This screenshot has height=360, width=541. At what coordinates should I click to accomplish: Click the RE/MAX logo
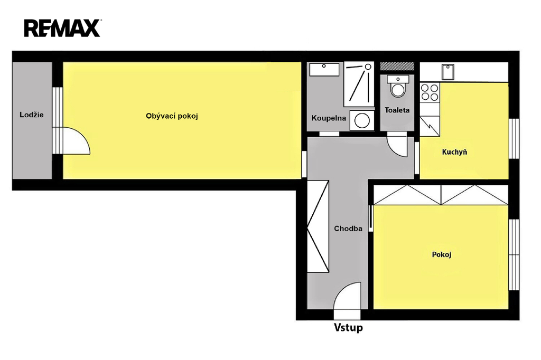point(62,28)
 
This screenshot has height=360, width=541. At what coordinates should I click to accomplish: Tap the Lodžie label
point(31,115)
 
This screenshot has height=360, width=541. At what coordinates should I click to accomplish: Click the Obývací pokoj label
point(172,116)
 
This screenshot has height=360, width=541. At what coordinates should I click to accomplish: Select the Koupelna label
point(329,118)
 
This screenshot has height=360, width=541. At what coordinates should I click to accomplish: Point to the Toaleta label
point(397,110)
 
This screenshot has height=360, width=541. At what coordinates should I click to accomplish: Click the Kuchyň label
point(454,151)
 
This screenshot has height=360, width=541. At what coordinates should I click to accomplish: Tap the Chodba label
point(348,228)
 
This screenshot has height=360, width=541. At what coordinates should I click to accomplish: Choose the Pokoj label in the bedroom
point(442,254)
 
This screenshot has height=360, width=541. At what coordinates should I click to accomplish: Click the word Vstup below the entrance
point(348,327)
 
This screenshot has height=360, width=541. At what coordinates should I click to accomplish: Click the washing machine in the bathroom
point(362,120)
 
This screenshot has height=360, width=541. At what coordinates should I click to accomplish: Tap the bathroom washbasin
point(324,69)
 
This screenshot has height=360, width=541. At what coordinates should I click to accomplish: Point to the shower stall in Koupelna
point(359,84)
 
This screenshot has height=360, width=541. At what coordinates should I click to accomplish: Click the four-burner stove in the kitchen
point(430,92)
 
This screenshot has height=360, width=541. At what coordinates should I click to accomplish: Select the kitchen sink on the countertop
point(448,72)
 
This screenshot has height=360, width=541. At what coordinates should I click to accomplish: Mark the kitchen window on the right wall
point(514,139)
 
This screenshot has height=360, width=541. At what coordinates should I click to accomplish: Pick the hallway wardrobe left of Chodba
point(318,226)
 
